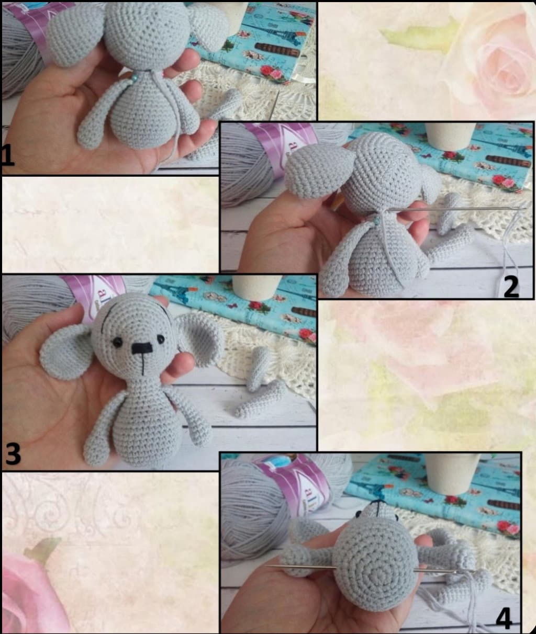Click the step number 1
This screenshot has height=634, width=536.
click(x=7, y=156)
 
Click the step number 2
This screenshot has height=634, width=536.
click(x=510, y=286)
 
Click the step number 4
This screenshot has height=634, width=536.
click(x=503, y=619)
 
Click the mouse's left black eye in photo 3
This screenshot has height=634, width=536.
click(x=118, y=342)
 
